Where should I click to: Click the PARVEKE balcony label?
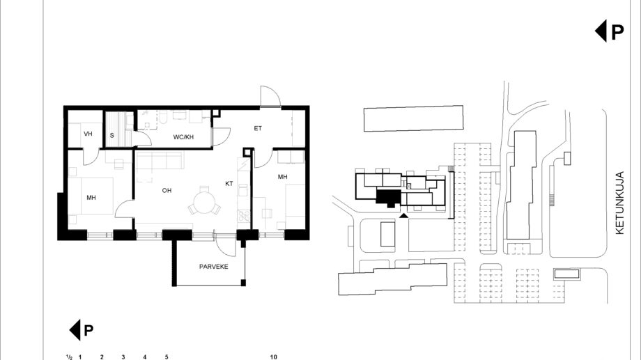coord(213,267)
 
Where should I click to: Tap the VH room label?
coord(88,134)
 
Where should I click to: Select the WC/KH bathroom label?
coord(183,137)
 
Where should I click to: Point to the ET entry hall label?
coord(258,128)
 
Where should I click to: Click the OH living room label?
coord(167,190)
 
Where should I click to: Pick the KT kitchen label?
coord(229,184)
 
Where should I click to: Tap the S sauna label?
coord(112,136)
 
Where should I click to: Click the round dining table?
coord(204,201)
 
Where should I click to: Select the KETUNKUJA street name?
coord(619,203)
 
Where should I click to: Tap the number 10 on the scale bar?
coord(274,357)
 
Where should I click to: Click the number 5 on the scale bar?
coord(167,357)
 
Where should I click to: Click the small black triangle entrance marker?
coord(403,215)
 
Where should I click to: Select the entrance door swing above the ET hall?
coord(270,96)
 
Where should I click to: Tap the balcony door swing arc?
coord(225,248)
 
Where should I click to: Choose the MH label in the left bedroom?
coord(91,198)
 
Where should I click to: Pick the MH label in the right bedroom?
coord(282,177)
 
